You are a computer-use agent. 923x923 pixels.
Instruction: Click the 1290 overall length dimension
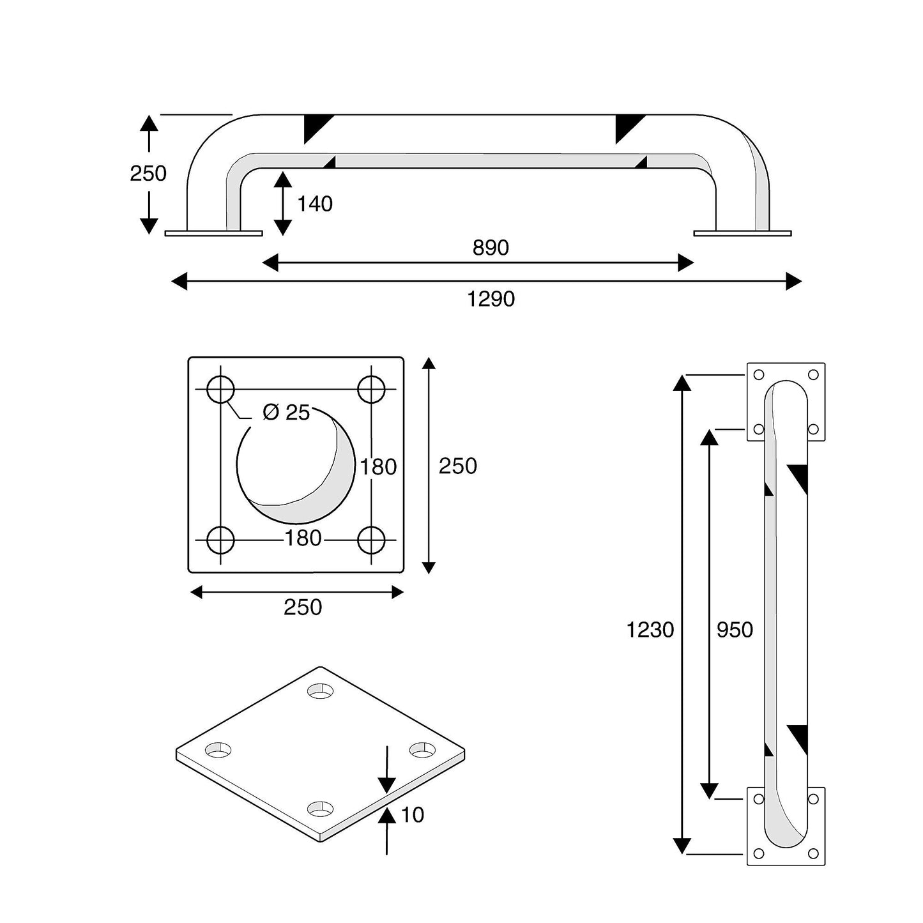(491, 299)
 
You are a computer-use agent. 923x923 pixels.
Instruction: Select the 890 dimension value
(491, 248)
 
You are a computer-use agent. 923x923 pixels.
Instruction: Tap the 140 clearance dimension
(315, 204)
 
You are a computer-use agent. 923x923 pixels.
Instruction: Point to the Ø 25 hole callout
(286, 413)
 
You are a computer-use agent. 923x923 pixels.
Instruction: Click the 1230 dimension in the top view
(650, 630)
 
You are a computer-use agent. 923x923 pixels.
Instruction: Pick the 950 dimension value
(735, 630)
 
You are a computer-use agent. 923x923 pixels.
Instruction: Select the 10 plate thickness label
(413, 814)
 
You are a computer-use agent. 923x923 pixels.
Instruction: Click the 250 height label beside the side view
(148, 173)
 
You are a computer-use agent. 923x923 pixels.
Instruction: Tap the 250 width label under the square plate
(303, 607)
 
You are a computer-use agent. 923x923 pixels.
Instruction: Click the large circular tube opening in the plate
(295, 464)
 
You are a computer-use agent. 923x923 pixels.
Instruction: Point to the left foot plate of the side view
(213, 233)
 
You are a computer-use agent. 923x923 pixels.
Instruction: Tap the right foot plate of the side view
(742, 233)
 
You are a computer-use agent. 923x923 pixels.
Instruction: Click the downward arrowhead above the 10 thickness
(387, 786)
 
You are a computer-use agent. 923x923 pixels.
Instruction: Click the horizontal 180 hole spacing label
(303, 538)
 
